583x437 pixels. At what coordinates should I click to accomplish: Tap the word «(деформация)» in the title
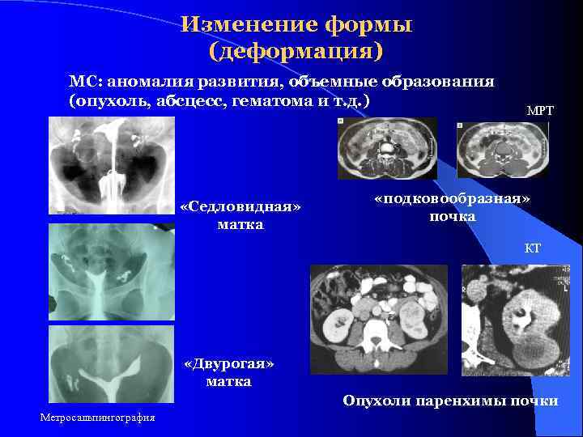click(296, 52)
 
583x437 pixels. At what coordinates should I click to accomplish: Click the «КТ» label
click(533, 249)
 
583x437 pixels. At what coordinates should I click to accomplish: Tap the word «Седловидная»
click(240, 207)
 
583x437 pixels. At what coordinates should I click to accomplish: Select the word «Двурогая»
click(229, 364)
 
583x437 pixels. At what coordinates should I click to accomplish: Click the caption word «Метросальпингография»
click(97, 417)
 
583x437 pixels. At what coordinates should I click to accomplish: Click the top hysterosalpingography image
click(112, 166)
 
